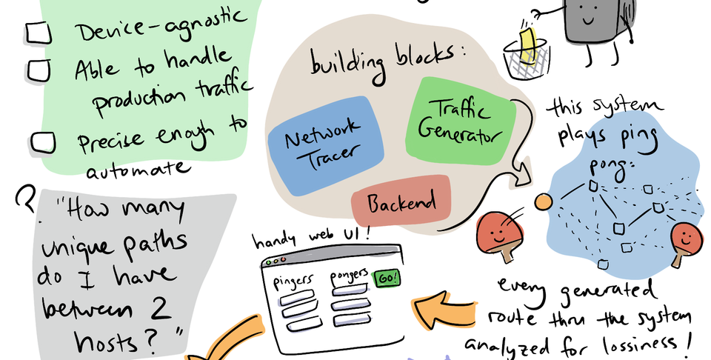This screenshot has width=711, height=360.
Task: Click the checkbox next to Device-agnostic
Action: [x=36, y=31]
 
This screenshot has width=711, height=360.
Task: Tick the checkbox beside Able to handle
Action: [x=39, y=69]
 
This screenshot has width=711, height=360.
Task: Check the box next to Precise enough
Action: [x=44, y=141]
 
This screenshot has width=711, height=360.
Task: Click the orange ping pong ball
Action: [x=544, y=201]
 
